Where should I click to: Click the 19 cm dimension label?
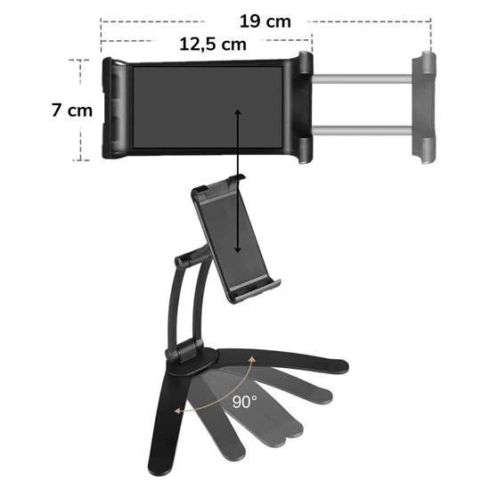[x=265, y=21]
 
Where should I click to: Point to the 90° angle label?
[x=245, y=402]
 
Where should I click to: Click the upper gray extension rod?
[x=361, y=79]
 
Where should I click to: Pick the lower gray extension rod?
[x=361, y=131]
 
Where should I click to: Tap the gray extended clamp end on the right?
[x=423, y=105]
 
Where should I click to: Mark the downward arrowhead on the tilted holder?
[x=239, y=253]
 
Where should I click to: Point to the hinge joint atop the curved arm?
[x=184, y=260]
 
